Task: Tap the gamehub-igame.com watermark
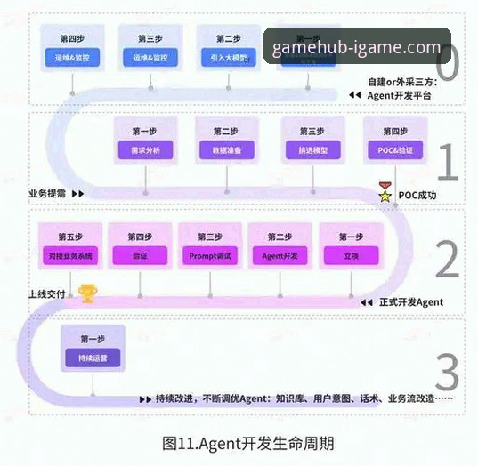click(357, 48)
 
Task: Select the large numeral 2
click(448, 260)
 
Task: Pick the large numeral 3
click(448, 371)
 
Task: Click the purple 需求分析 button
click(145, 150)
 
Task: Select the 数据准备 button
click(228, 150)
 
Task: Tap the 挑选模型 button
click(312, 150)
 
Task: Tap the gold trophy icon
click(86, 292)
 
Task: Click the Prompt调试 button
click(209, 256)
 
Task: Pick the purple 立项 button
click(350, 256)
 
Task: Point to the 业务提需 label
click(48, 192)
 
